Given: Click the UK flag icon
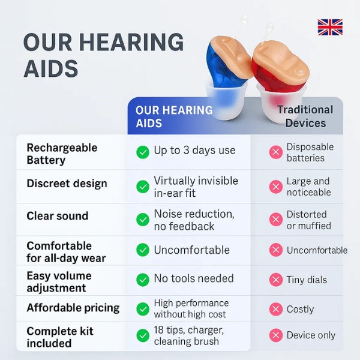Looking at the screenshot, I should (330, 27).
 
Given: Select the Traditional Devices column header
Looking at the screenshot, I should (305, 116).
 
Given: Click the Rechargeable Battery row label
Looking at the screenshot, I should (62, 154).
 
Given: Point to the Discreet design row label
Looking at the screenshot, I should (67, 184).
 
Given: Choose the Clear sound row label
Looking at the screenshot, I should (57, 216).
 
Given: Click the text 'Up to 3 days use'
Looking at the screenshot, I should (194, 151).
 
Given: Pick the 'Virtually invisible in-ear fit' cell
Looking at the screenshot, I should (196, 187).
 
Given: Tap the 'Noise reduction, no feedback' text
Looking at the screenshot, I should (194, 220).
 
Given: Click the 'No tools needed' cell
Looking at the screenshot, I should (194, 278).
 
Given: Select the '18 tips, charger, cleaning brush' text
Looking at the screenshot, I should (189, 335).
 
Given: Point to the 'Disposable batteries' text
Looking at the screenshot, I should (310, 152).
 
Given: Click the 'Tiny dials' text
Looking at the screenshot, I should (306, 280).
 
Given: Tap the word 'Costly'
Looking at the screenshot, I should (300, 309).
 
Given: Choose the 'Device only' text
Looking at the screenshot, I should (311, 335).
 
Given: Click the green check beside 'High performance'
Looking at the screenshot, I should (143, 309).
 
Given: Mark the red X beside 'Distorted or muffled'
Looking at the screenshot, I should (276, 220).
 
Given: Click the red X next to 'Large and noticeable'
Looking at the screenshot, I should (276, 187).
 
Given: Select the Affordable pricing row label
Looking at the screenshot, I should (73, 308).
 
